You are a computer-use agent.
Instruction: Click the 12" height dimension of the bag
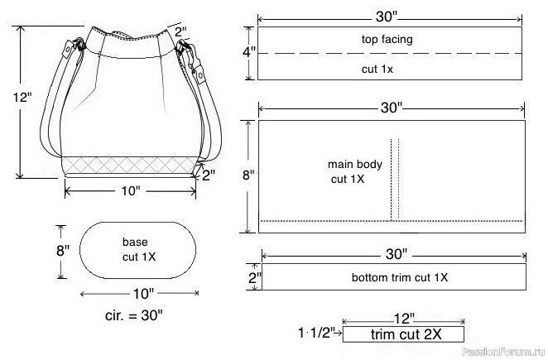[22, 97]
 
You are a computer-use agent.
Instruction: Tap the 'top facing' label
[387, 39]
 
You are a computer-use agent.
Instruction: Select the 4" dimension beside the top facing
[249, 52]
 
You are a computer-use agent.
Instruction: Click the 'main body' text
[355, 164]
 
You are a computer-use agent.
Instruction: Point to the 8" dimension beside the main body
[248, 175]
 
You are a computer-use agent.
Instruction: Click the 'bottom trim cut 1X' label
[400, 277]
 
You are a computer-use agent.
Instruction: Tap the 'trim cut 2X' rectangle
[403, 334]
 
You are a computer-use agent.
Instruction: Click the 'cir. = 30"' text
[134, 315]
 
